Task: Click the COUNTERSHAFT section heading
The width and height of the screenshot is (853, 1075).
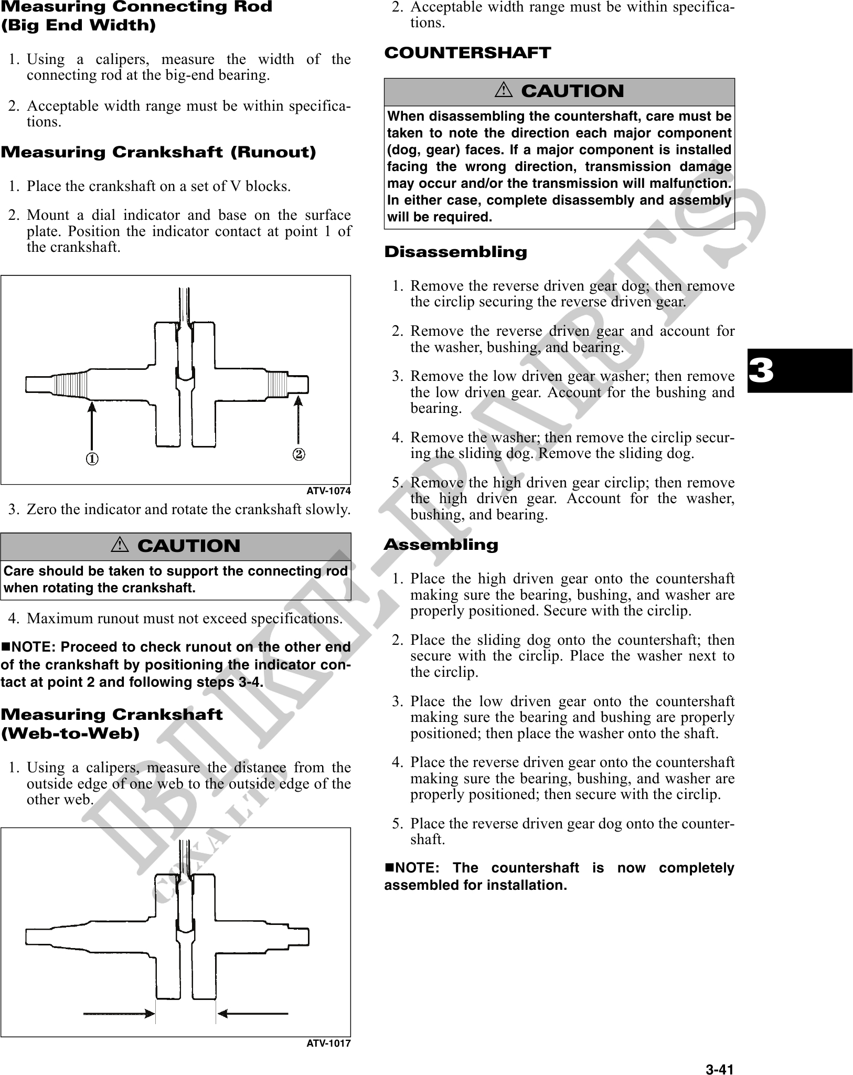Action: [x=467, y=53]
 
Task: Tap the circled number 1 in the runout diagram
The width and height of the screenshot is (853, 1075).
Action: [x=92, y=459]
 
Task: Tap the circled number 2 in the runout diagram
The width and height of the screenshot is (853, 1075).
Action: [x=298, y=453]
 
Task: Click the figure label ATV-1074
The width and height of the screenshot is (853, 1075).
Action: [x=328, y=491]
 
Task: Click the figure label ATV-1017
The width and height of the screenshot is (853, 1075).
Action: [x=328, y=1044]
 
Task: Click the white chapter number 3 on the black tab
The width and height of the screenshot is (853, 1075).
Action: [x=761, y=371]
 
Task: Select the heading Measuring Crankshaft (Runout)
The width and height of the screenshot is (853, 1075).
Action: [x=158, y=153]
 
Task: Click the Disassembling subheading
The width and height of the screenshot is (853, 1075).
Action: [x=455, y=252]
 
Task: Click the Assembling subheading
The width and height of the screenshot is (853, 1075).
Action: [x=441, y=545]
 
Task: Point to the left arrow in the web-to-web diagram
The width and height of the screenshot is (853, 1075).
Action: [x=119, y=1014]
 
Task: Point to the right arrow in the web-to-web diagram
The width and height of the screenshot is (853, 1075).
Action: [x=253, y=1014]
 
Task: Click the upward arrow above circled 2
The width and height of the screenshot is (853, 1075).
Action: [x=298, y=420]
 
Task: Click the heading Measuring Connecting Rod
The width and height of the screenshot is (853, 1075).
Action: [x=136, y=7]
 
